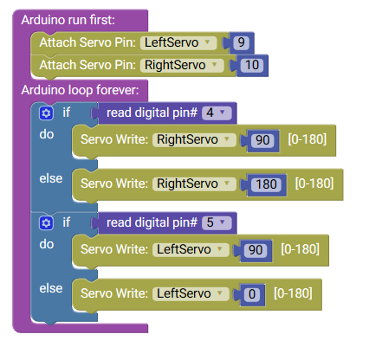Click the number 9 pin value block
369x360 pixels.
(x=241, y=42)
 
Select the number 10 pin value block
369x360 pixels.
(x=252, y=65)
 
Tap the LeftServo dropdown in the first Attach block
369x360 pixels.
(x=178, y=42)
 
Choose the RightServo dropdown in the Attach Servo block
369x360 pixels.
(x=182, y=65)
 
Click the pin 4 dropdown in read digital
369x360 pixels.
(x=217, y=112)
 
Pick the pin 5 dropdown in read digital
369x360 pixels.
(x=217, y=222)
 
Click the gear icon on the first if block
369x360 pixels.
(x=46, y=113)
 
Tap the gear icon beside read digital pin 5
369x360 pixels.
(x=46, y=223)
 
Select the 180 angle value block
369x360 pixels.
(x=266, y=184)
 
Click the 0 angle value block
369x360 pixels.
(x=252, y=294)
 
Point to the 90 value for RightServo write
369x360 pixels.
(x=262, y=140)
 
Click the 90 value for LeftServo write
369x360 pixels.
(x=256, y=250)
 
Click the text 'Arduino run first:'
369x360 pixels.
(x=68, y=20)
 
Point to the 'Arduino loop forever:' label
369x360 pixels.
(x=80, y=90)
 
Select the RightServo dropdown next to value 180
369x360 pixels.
(x=194, y=183)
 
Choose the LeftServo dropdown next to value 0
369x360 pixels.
(x=191, y=293)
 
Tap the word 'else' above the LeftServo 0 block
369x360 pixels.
(x=51, y=288)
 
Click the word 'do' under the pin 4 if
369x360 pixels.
(x=47, y=134)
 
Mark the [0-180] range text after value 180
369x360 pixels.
(x=314, y=183)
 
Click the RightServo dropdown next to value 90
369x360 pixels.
(x=194, y=139)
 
